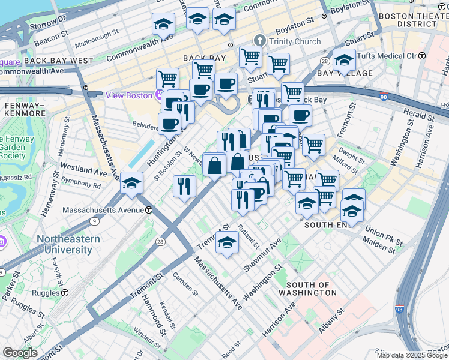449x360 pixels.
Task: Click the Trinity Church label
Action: coord(294,41)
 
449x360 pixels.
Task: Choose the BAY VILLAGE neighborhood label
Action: coord(345,73)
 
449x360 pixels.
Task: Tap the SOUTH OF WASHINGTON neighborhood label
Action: coord(311,289)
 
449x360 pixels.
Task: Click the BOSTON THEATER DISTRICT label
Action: coord(412,19)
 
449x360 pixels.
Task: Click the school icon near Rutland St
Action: coord(226,242)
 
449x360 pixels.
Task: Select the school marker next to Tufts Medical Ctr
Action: coord(345,60)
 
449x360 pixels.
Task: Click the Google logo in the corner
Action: coord(20,353)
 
